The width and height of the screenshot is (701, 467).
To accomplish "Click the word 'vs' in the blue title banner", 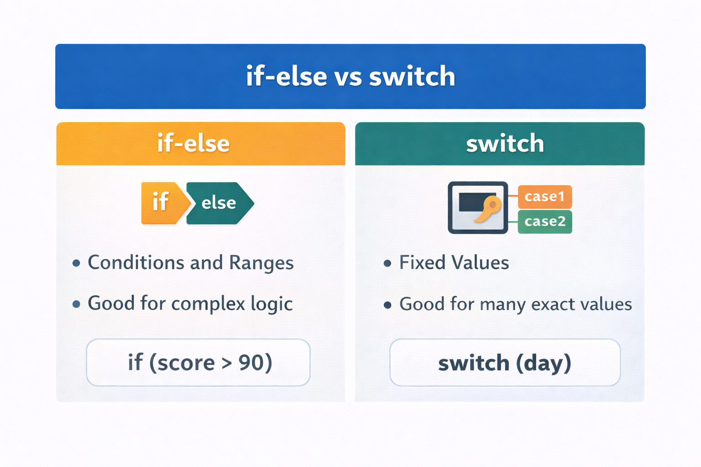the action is (x=348, y=77).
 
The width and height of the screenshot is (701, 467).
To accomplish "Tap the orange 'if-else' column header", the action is (x=201, y=144).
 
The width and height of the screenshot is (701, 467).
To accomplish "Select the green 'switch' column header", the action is (x=500, y=144).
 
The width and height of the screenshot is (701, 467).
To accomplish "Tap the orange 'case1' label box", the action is (x=545, y=197).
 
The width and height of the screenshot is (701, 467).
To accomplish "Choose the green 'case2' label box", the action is (x=545, y=222).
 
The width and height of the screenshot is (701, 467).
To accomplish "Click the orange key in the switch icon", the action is (x=488, y=208).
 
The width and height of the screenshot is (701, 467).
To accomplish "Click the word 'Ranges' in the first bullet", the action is (x=262, y=263).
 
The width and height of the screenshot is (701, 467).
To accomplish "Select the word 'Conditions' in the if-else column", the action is (x=136, y=262).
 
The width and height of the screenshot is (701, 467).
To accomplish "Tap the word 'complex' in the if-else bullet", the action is (x=208, y=304).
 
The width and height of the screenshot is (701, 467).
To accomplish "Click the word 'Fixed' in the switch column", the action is (x=422, y=262).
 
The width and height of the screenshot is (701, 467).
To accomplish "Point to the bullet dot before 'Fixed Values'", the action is (x=387, y=263).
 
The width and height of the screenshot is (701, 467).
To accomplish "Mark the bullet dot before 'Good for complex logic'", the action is (x=76, y=304).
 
